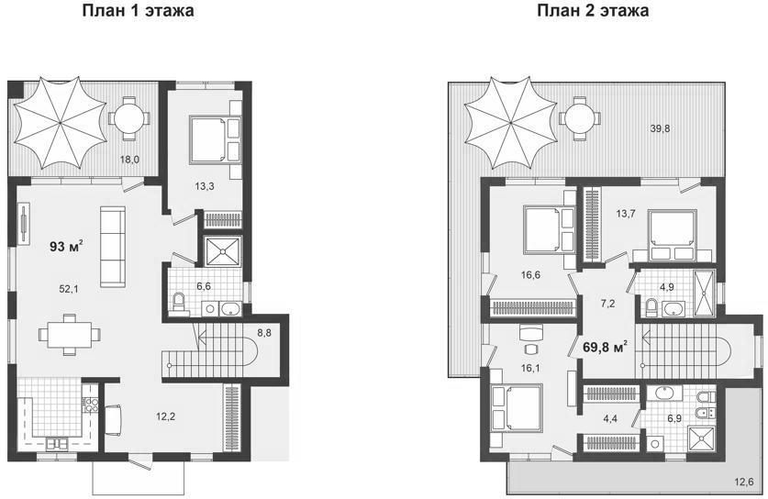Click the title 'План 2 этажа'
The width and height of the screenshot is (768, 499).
[594, 12]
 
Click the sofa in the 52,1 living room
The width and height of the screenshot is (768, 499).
[113, 245]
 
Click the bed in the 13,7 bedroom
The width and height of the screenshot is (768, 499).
[670, 231]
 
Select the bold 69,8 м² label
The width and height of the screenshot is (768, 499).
[606, 348]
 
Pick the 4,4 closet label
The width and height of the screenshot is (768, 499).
[611, 421]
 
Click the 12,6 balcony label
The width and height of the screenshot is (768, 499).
[743, 481]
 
